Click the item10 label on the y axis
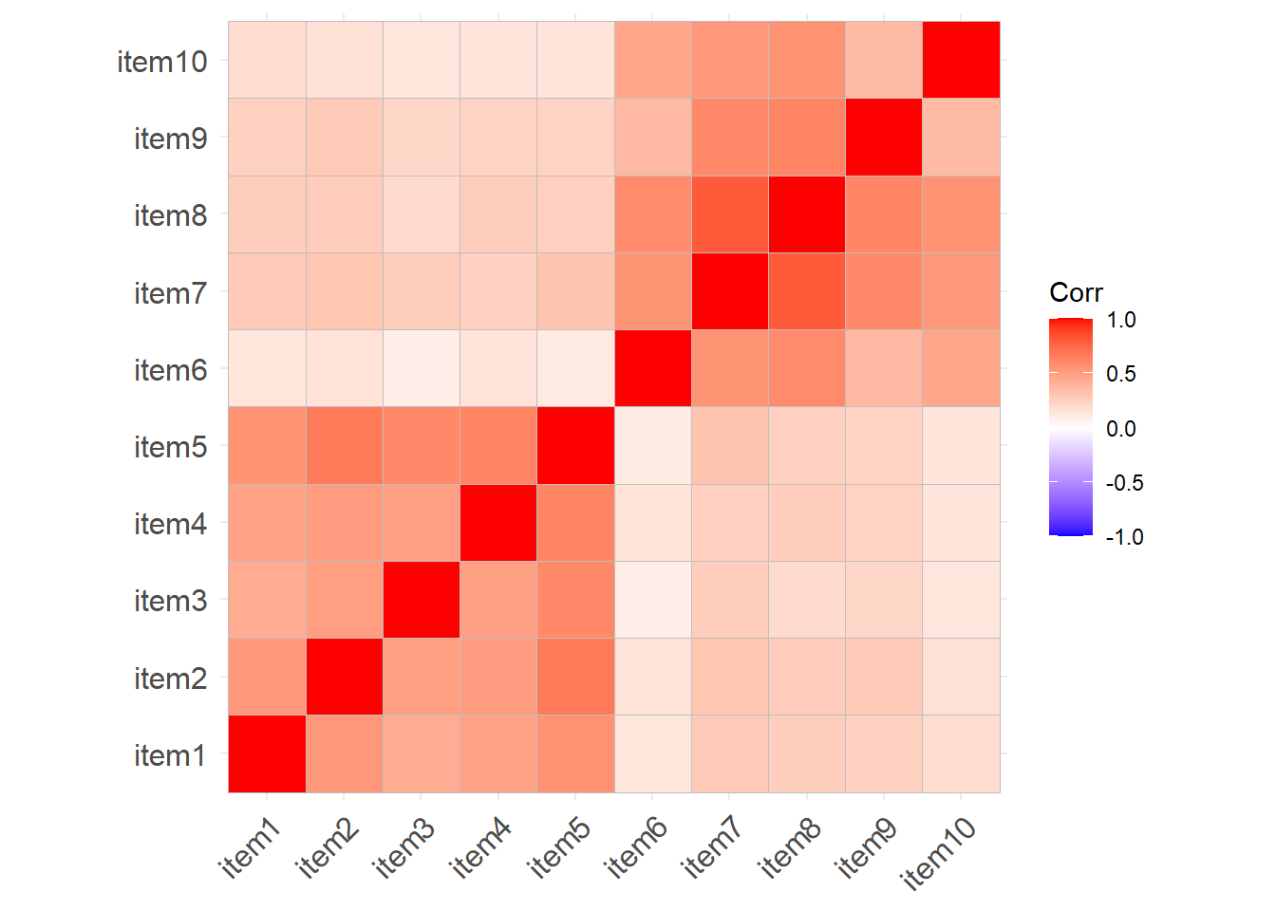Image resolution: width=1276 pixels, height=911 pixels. point(162,62)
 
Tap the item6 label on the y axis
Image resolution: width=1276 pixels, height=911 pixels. point(171,369)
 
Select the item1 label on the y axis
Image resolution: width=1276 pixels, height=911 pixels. point(171,755)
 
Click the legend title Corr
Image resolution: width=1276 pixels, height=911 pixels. point(1076,292)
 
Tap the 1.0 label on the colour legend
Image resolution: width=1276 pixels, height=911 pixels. point(1121,320)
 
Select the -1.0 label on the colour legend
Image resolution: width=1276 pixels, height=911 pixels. point(1125,537)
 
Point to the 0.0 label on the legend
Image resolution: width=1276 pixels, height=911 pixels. point(1121,429)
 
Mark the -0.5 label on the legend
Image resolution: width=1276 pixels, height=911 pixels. point(1125,483)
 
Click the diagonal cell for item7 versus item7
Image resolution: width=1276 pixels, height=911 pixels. point(729,291)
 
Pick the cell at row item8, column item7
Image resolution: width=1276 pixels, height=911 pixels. point(729,214)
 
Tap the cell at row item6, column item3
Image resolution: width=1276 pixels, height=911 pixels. point(422,368)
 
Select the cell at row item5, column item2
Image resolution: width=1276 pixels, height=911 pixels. point(344,446)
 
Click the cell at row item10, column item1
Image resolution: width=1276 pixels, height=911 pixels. point(267,60)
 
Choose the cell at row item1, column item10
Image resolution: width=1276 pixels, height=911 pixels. point(961,753)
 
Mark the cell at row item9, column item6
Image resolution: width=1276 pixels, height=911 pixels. point(652,138)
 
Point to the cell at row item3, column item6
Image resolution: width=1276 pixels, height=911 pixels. point(652,600)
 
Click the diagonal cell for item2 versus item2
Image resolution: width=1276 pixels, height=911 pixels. point(344,677)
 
